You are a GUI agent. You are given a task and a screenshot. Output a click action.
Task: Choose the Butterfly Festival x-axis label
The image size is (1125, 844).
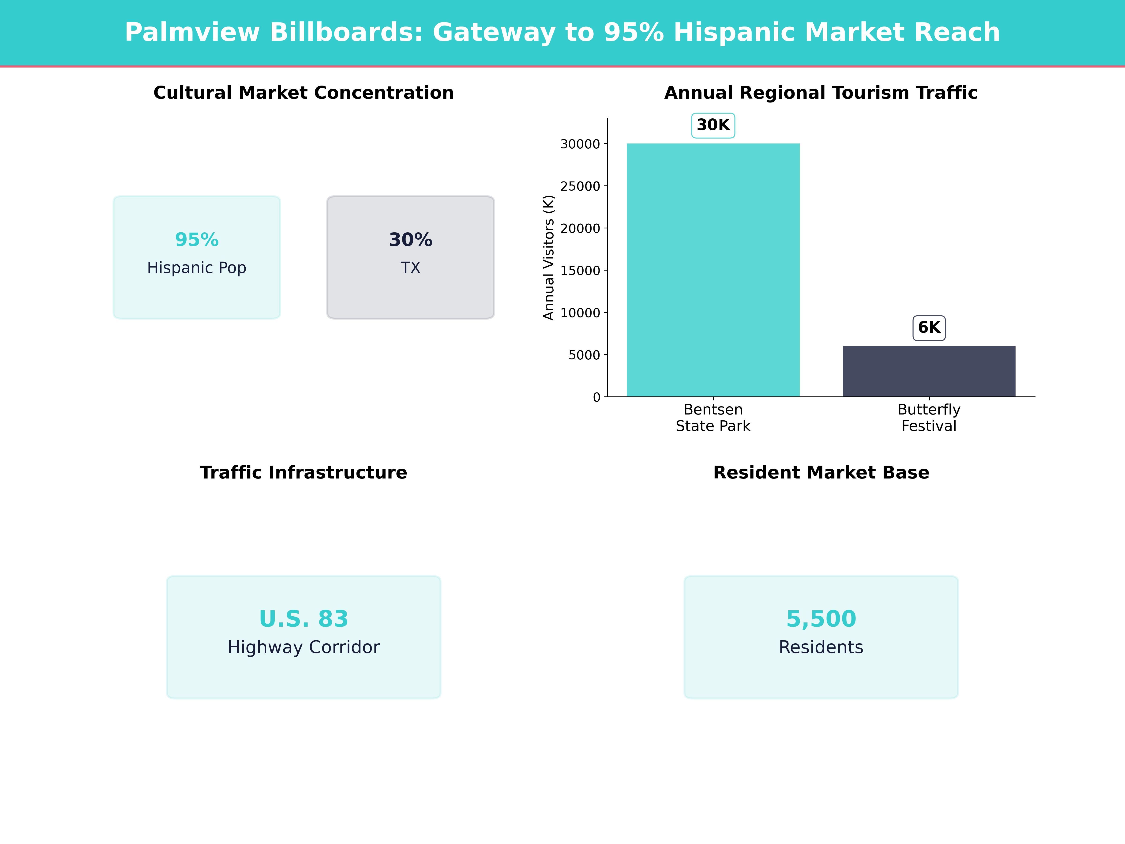[x=929, y=418]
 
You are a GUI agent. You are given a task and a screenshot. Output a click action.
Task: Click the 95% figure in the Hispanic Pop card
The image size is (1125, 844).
[x=197, y=240]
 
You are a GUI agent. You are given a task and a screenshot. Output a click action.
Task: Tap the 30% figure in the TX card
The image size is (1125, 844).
[x=410, y=240]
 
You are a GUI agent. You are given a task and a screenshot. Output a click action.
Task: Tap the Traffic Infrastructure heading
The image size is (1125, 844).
[x=304, y=473]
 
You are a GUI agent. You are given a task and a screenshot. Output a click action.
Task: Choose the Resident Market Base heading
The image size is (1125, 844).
[x=821, y=473]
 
